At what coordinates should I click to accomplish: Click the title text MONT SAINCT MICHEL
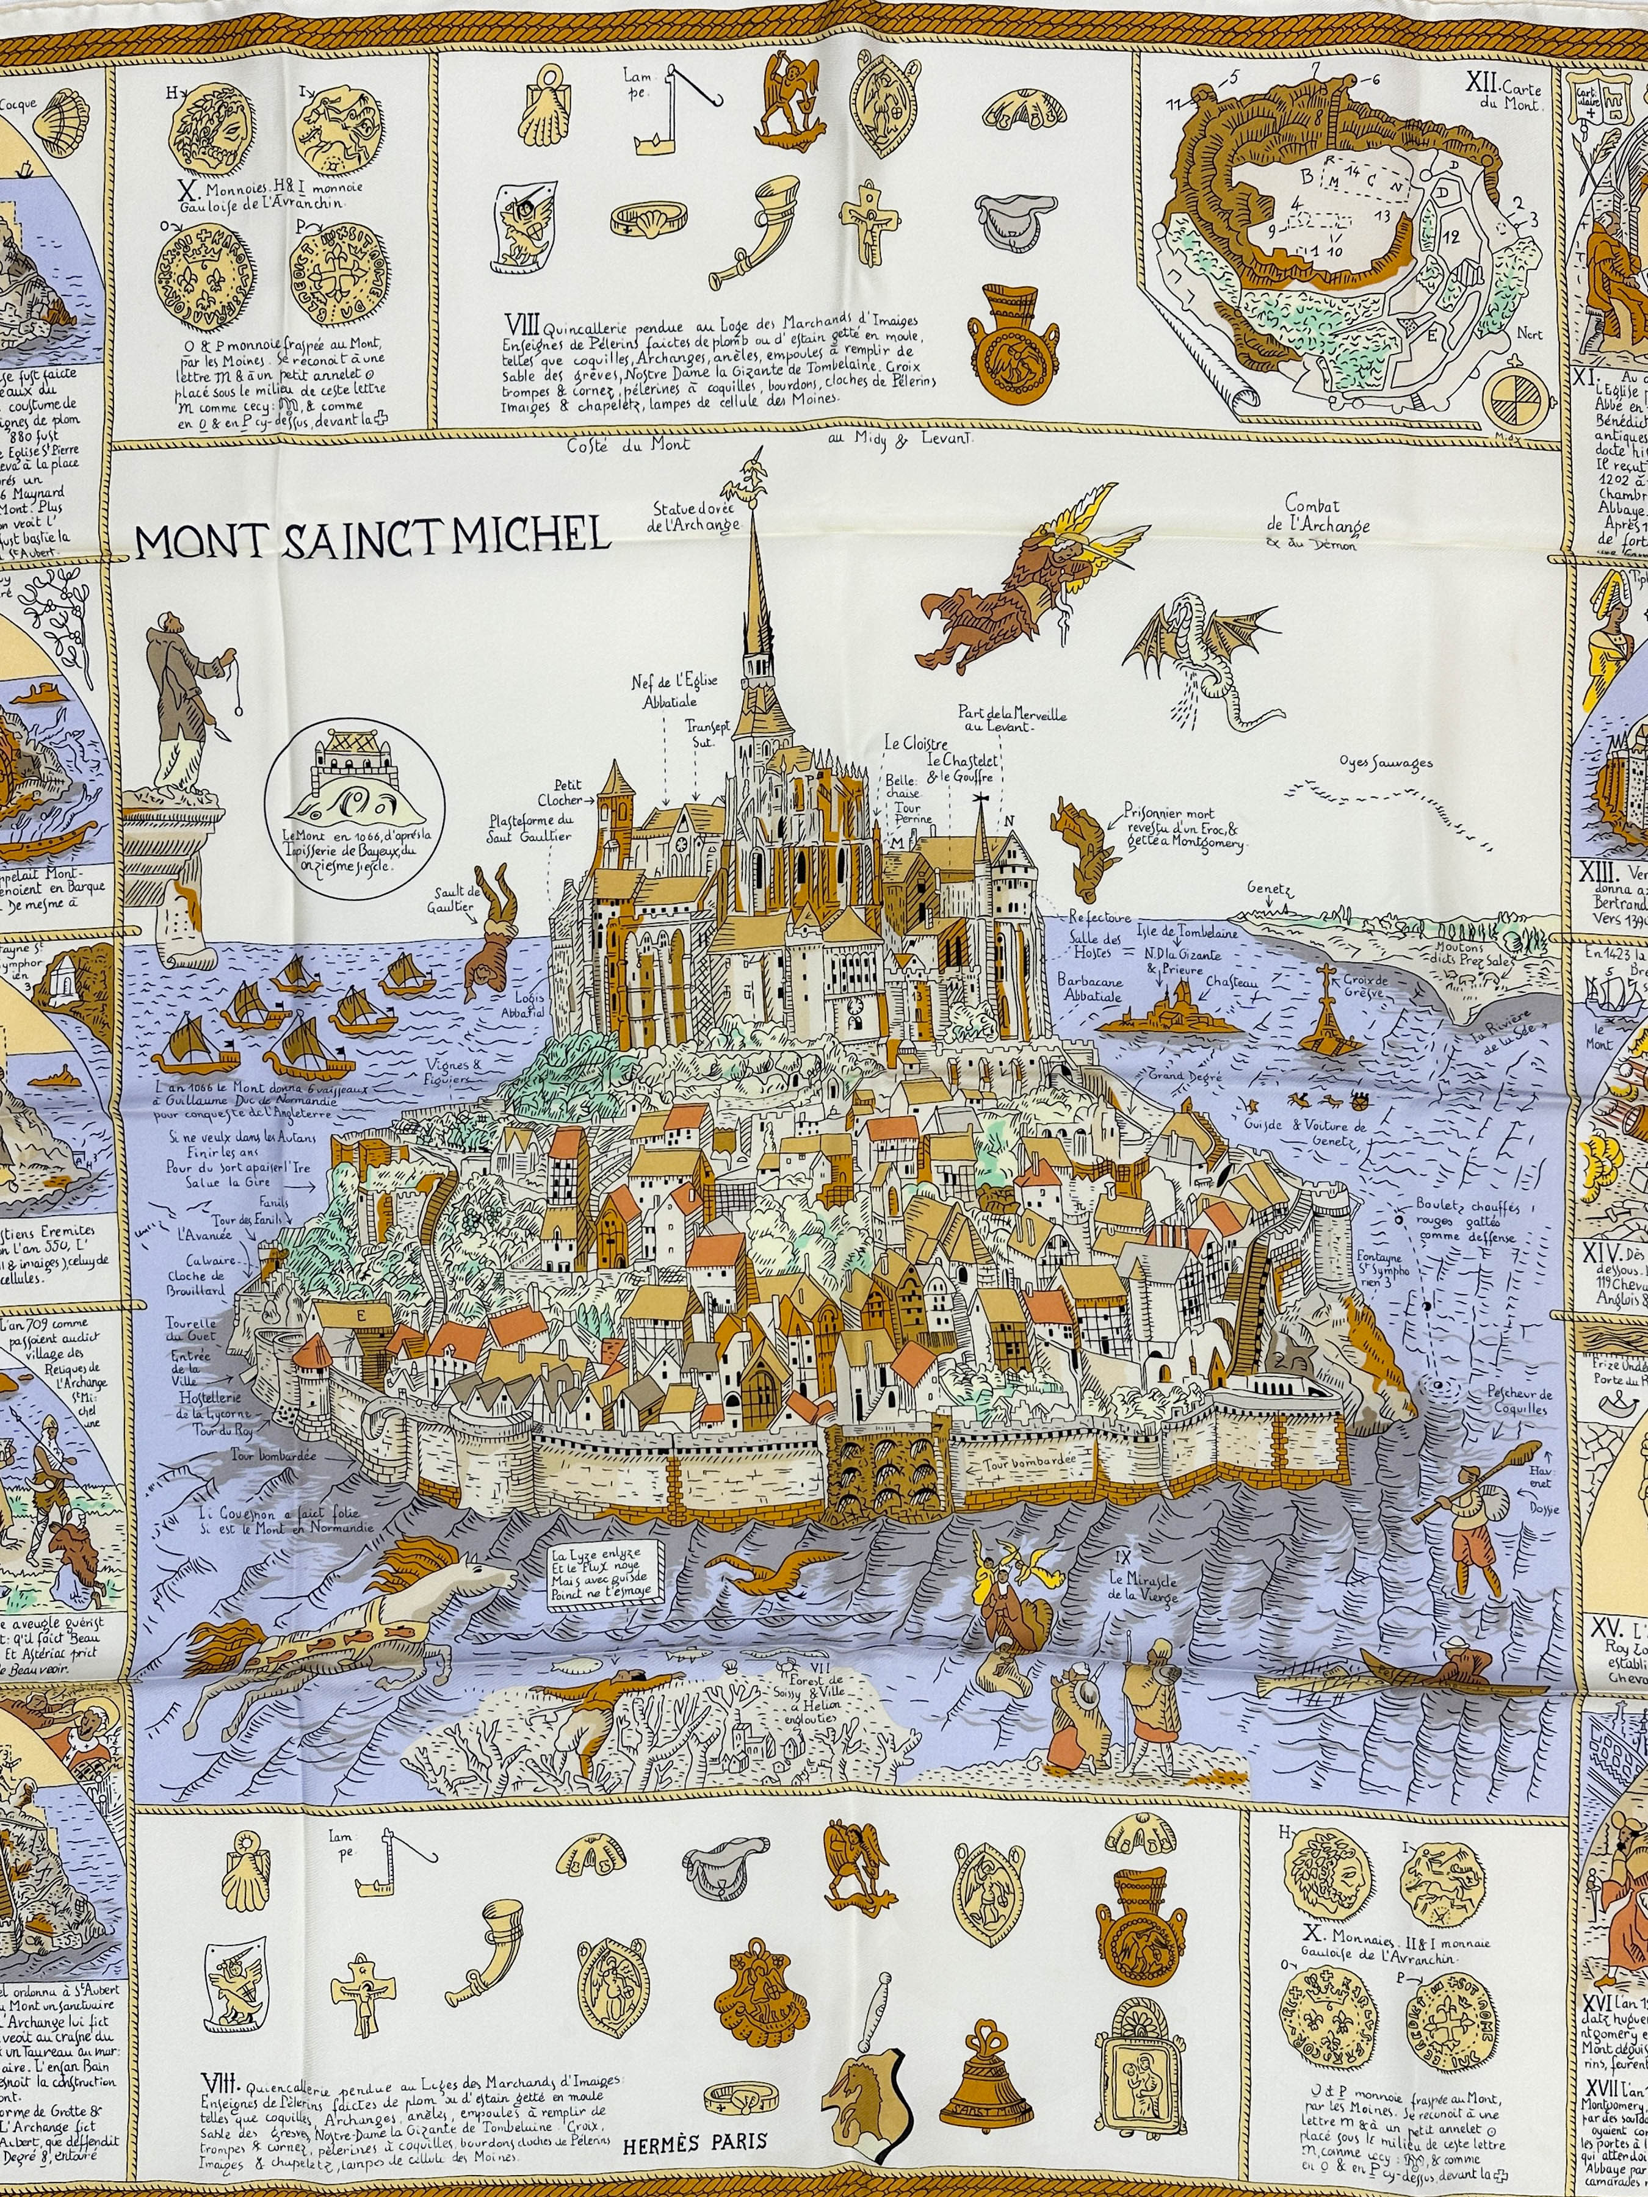[x=372, y=536]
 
